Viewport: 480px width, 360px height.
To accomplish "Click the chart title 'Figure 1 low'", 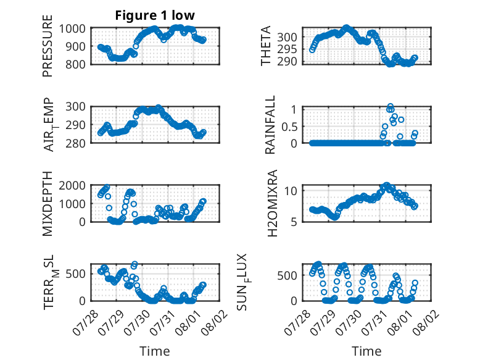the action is [x=155, y=15].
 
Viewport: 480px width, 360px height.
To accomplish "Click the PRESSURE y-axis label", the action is [x=48, y=46].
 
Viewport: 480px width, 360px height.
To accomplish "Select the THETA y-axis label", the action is [x=266, y=46].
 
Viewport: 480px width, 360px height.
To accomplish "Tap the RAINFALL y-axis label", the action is [x=270, y=125].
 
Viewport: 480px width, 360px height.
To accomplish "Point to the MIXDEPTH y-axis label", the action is [x=48, y=204].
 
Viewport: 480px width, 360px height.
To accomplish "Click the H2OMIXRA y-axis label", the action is [x=272, y=203].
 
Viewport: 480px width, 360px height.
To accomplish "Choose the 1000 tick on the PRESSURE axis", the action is [x=72, y=29].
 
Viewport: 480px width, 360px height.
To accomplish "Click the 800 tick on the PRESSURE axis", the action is [x=75, y=64].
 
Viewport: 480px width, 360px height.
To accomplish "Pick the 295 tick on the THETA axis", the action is [x=287, y=49].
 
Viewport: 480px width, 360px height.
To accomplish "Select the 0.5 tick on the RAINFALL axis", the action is [x=289, y=127].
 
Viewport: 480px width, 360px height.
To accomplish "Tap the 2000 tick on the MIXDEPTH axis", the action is [x=72, y=186].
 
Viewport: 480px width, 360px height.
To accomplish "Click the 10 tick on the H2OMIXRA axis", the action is [x=291, y=191].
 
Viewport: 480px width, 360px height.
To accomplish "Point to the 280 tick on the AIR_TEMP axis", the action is [x=75, y=143].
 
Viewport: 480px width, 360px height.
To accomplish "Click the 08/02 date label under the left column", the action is [x=213, y=322].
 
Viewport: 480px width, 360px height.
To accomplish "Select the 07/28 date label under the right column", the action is [x=297, y=322].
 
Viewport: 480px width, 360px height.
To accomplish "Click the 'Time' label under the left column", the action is [x=155, y=351].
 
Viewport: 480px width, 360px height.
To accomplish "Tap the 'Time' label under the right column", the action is [x=366, y=351].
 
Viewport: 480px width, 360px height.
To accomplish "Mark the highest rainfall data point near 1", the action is [x=391, y=106].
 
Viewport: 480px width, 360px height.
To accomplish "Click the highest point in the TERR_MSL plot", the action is [x=134, y=264].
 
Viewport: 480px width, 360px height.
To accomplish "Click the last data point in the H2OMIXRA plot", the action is [x=415, y=206].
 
